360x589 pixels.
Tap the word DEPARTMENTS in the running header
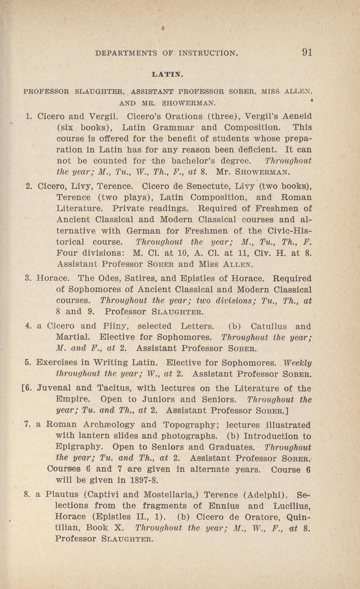126,53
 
